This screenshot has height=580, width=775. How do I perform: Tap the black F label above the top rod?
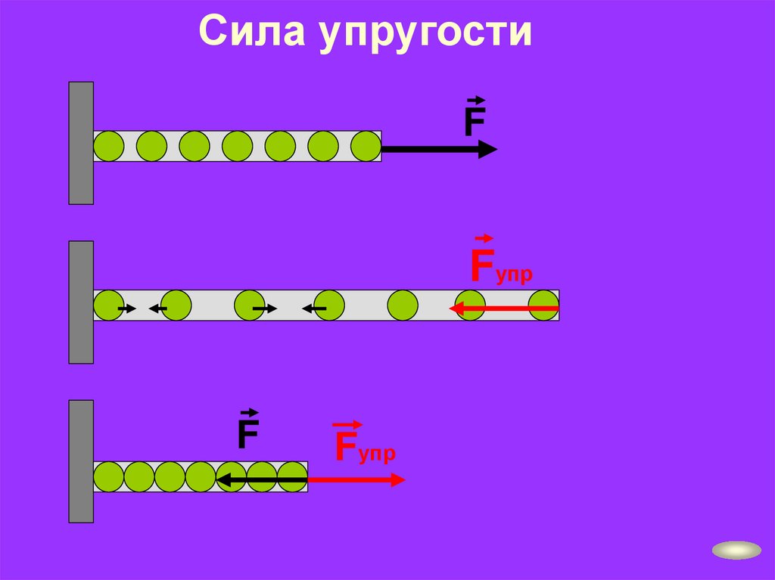[x=475, y=121]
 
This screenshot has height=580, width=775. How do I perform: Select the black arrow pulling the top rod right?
[x=439, y=150]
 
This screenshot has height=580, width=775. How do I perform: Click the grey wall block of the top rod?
[x=81, y=143]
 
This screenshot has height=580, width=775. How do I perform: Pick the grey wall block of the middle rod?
[x=81, y=302]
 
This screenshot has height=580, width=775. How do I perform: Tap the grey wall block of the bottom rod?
[x=81, y=461]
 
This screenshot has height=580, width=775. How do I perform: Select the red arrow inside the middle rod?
[x=503, y=309]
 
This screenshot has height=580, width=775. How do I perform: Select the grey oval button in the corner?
[x=736, y=550]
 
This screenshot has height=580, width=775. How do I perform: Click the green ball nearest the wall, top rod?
[x=108, y=146]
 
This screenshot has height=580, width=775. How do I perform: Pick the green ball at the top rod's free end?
[x=366, y=146]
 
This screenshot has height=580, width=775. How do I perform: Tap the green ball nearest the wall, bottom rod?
[x=108, y=477]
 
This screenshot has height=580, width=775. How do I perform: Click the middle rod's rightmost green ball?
[x=544, y=305]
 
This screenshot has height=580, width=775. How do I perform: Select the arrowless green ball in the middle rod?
[x=403, y=305]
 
